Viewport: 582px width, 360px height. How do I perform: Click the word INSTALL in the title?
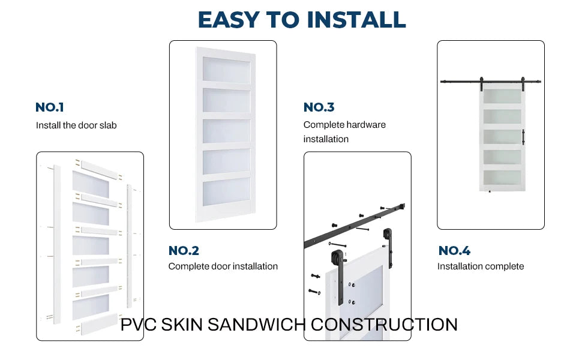tap(356, 20)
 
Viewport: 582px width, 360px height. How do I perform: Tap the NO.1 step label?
tap(50, 107)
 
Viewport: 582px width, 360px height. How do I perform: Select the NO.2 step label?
tap(184, 251)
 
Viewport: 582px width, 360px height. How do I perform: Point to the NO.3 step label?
tap(319, 107)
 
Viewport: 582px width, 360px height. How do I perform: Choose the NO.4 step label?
tap(454, 251)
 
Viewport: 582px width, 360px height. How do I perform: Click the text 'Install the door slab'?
tap(76, 125)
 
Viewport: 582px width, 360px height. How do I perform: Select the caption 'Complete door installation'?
tap(223, 266)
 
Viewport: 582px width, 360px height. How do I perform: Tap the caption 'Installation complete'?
tap(480, 266)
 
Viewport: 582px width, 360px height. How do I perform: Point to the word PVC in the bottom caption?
tap(139, 325)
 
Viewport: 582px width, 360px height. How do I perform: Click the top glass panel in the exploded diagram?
tap(91, 184)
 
